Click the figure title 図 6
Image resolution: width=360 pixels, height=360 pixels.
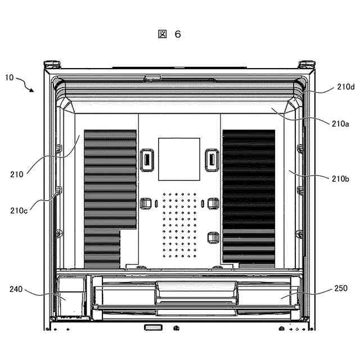(x=169, y=34)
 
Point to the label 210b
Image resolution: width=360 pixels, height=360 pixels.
(x=340, y=179)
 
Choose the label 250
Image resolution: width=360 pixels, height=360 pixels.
(x=340, y=289)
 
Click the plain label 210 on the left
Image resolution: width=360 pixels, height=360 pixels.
(x=16, y=174)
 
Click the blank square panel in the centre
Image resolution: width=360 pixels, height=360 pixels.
(x=179, y=159)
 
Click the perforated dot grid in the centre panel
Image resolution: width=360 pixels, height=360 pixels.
(x=178, y=222)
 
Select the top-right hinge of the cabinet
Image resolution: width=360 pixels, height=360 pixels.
(x=307, y=64)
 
